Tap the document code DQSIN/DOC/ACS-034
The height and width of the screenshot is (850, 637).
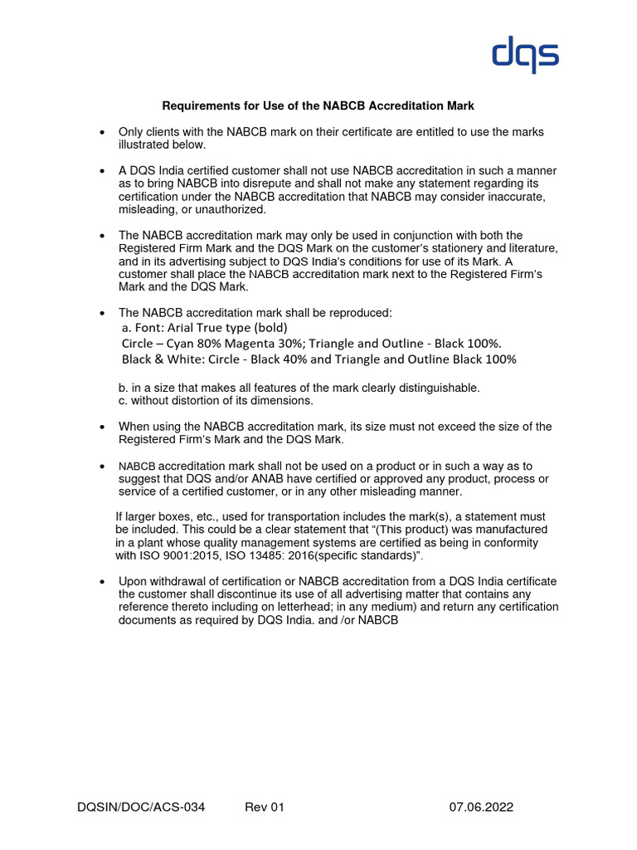coord(141,807)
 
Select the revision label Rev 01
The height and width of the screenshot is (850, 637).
coord(265,807)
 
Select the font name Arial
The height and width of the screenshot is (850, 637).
coord(190,327)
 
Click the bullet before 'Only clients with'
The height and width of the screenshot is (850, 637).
coord(101,133)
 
